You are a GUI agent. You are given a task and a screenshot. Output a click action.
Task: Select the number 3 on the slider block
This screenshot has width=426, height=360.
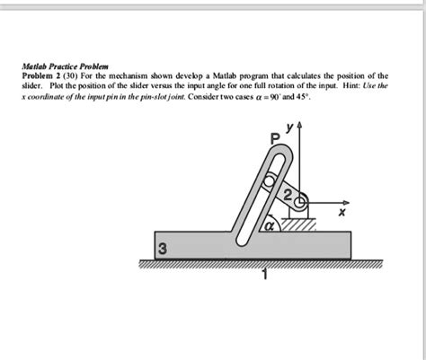tap(162, 249)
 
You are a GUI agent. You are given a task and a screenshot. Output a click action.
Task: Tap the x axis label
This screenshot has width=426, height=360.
tap(340, 214)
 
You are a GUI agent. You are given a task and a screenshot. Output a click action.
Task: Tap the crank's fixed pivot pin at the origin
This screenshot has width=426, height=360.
tap(302, 201)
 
